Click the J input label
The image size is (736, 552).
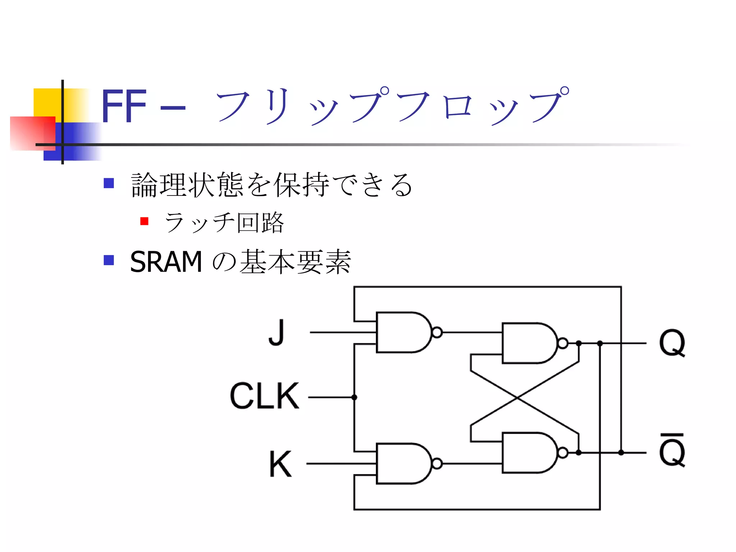coord(277,332)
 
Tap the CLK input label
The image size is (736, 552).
coord(264,396)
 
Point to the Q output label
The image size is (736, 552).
coord(672,343)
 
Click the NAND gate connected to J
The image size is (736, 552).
coord(402,332)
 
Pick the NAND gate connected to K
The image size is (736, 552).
coord(402,464)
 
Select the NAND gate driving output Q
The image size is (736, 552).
coord(528,343)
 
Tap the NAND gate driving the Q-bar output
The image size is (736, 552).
coord(528,453)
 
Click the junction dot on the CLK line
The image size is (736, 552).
coord(354,397)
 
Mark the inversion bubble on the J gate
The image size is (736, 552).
coord(437,332)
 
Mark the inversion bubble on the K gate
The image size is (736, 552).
coord(437,464)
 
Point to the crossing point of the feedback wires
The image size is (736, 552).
coord(517,398)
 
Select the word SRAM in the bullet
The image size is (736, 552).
coord(166,262)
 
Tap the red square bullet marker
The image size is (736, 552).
coord(144,221)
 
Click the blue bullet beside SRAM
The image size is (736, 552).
coord(109,260)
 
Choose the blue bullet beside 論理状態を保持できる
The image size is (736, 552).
coord(109,183)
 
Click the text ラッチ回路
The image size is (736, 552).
coord(224,222)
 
